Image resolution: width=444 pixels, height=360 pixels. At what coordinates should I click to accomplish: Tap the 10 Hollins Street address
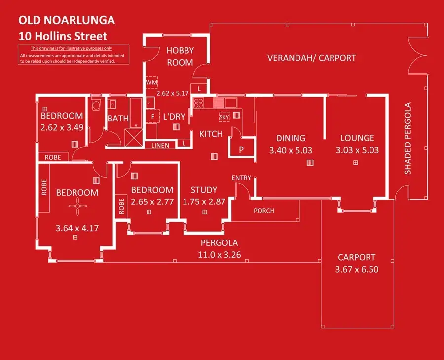[x=62, y=36]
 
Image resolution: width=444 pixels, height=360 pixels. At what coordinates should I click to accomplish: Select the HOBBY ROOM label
[x=180, y=56]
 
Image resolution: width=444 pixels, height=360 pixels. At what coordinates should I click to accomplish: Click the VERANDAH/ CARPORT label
[x=311, y=58]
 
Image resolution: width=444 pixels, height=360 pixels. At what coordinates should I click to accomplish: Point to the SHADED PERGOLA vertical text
[x=408, y=138]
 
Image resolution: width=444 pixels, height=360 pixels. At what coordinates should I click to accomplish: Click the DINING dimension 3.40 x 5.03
[x=291, y=150]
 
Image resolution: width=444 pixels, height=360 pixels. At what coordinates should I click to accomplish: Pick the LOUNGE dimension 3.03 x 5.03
[x=357, y=150]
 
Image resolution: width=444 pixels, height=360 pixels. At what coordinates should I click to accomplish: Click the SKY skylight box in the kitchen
[x=224, y=117]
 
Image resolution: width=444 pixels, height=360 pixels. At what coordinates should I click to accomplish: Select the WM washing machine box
[x=151, y=82]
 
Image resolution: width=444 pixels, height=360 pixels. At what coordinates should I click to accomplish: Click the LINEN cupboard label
[x=160, y=145]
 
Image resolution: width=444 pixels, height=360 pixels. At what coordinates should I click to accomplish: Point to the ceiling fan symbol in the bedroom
[x=77, y=207]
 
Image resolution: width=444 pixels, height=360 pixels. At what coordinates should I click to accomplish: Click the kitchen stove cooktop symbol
[x=199, y=103]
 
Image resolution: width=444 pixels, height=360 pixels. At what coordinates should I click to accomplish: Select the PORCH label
[x=264, y=211]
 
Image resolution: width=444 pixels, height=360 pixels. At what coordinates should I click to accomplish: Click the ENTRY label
[x=241, y=178]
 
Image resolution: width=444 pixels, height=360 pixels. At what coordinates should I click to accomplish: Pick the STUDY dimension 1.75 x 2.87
[x=204, y=201]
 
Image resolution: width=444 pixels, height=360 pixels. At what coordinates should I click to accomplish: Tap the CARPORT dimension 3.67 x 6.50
[x=356, y=270]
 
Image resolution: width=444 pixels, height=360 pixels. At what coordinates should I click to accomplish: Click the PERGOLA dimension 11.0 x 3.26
[x=219, y=255]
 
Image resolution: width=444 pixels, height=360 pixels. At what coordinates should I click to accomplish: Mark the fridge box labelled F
[x=153, y=117]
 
